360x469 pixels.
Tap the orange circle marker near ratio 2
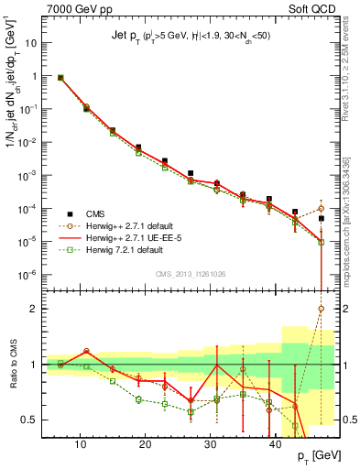point(321,309)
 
